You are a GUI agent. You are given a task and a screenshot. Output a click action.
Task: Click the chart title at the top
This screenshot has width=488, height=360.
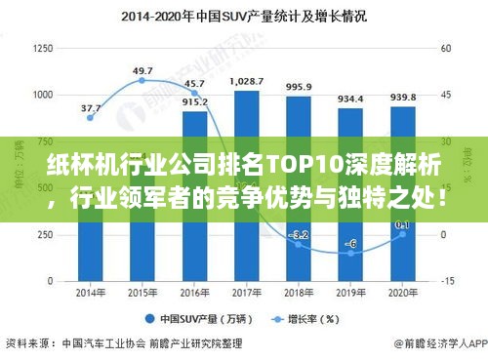(x=244, y=17)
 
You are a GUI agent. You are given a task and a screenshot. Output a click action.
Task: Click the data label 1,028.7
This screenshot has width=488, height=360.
(x=247, y=82)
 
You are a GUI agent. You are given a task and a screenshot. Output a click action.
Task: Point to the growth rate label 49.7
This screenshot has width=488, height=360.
(x=142, y=70)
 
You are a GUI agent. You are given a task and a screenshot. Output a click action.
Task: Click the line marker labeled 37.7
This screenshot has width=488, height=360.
(x=91, y=117)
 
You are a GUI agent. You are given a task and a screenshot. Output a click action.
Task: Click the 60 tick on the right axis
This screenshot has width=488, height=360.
(x=446, y=48)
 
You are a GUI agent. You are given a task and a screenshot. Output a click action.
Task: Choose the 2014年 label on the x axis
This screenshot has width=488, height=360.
(x=91, y=293)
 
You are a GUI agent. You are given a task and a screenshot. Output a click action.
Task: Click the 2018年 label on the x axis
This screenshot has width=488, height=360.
(x=299, y=293)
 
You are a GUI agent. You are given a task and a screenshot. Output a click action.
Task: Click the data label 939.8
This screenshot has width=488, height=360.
(x=403, y=97)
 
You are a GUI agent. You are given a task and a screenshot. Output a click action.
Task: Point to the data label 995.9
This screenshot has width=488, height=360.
(x=299, y=87)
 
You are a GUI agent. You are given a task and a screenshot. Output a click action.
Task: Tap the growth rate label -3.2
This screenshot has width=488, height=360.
(x=299, y=235)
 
